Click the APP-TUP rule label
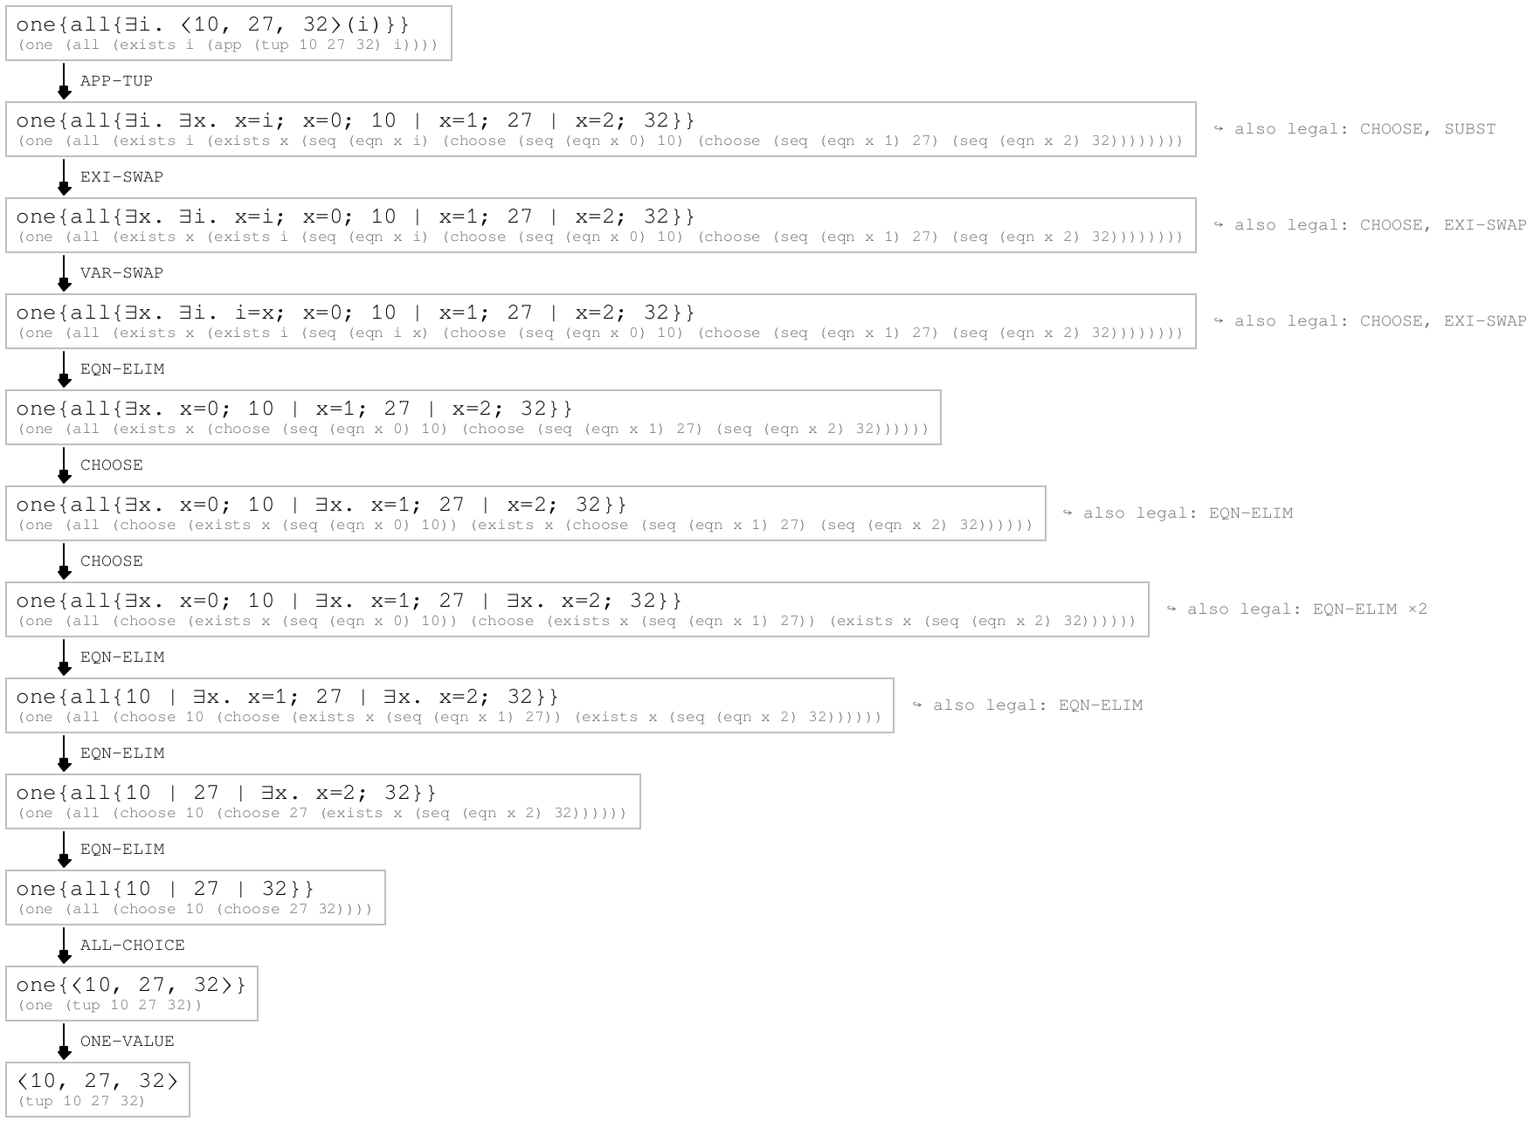[116, 81]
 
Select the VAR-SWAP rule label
[121, 273]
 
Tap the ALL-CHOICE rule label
[132, 946]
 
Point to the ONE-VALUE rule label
[127, 1042]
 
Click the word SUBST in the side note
[1469, 129]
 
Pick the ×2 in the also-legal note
[1417, 609]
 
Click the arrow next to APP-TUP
[64, 81]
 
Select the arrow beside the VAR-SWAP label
[64, 273]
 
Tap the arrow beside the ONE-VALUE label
[64, 1042]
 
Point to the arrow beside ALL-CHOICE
[64, 946]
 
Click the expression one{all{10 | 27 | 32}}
[165, 889]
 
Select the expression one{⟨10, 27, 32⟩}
[131, 985]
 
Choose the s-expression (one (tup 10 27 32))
[110, 1005]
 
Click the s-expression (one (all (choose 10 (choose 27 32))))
[195, 909]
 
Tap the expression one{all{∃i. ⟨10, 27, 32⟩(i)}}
[212, 24]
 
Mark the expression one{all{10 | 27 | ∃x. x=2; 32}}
[226, 793]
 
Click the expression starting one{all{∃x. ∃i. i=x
[356, 313]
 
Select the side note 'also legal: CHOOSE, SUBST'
[1355, 129]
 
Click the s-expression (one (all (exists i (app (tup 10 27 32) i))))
[228, 45]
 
